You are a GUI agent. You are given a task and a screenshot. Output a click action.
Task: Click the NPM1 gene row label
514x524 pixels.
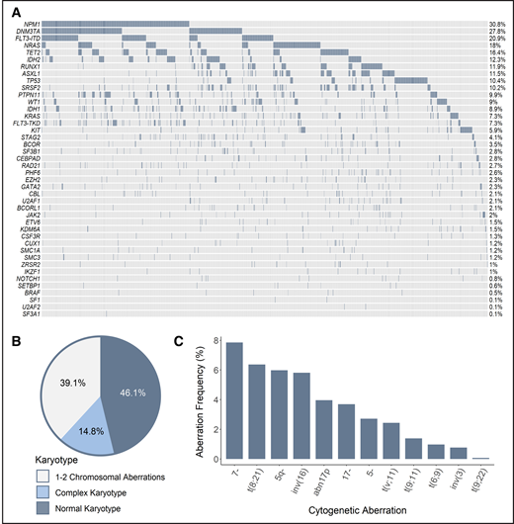tap(33, 23)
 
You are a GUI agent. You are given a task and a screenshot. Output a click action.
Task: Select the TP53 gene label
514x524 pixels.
tap(33, 80)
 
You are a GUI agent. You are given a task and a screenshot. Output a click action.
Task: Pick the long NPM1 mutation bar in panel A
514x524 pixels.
tap(117, 23)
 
